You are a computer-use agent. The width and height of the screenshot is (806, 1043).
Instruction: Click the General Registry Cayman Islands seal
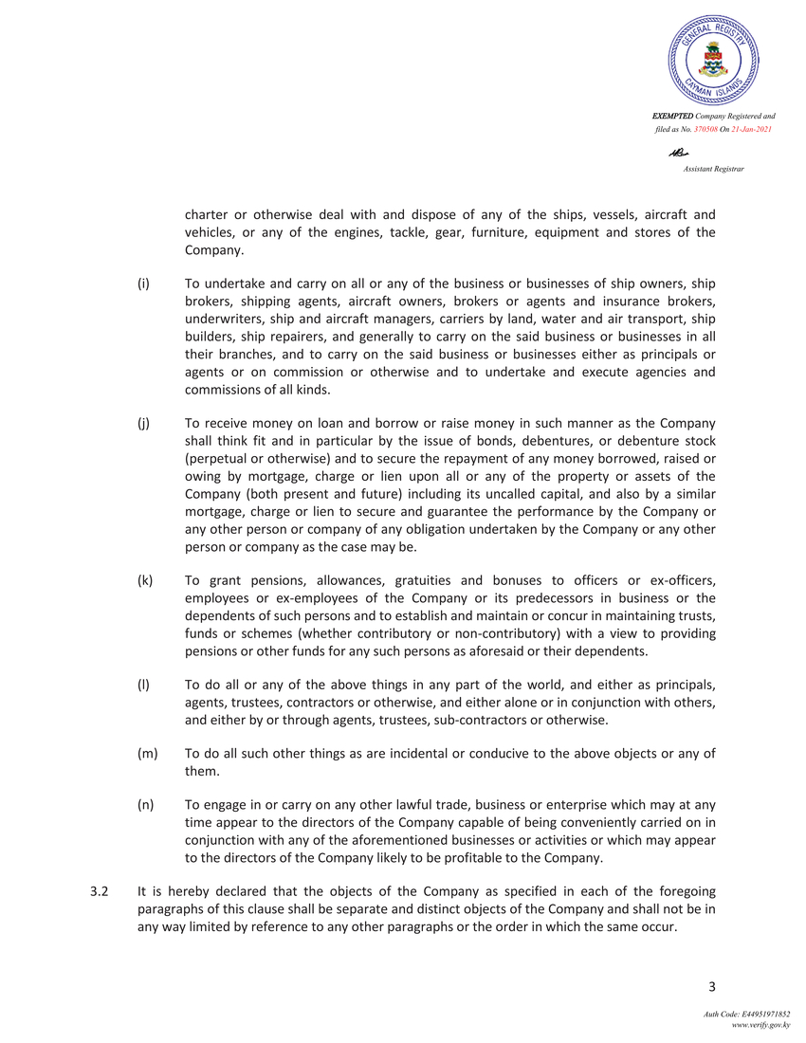(713, 60)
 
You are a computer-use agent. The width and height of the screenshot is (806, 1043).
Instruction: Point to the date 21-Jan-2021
(755, 128)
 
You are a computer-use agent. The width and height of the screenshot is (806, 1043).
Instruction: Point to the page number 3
(711, 989)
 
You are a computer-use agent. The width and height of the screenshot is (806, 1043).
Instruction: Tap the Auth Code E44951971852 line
(746, 1016)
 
